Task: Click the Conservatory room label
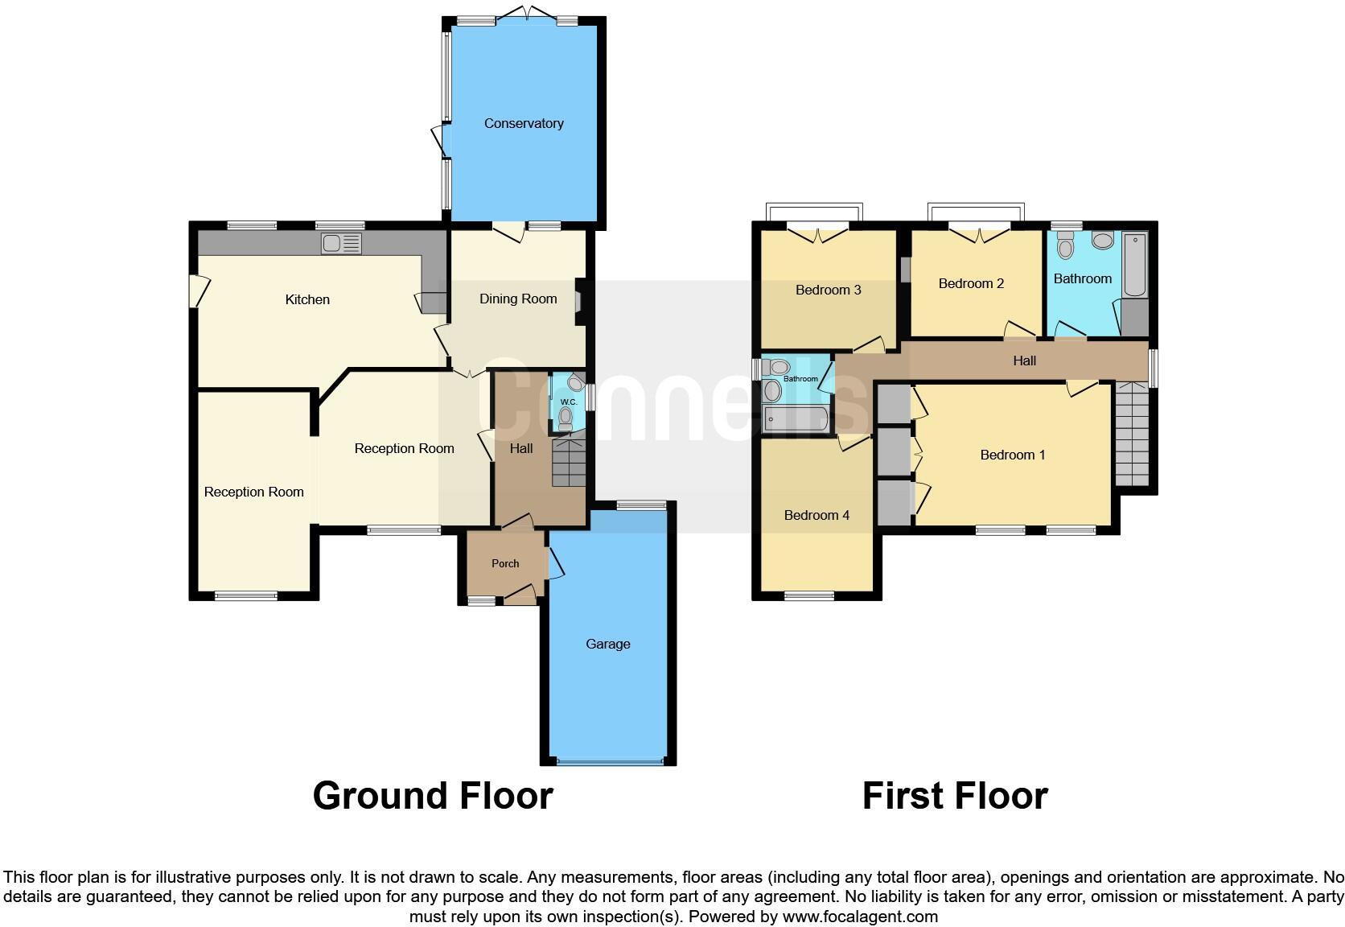coord(523,123)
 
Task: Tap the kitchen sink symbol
coord(341,244)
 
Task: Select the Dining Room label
coord(518,299)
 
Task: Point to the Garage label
coord(607,644)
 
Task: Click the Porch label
coord(505,563)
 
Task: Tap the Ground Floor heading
coord(433,795)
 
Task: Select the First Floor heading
coord(955,795)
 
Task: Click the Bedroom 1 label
coord(1012,455)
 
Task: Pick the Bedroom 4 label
coord(816,515)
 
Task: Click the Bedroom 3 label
coord(828,290)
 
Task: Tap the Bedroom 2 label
coord(971,283)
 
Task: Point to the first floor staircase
coord(1133,435)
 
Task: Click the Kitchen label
coord(307,299)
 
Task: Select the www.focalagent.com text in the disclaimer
coord(860,916)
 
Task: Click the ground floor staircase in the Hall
coord(569,463)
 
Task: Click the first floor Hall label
coord(1024,360)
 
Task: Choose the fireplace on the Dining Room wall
coord(579,302)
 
